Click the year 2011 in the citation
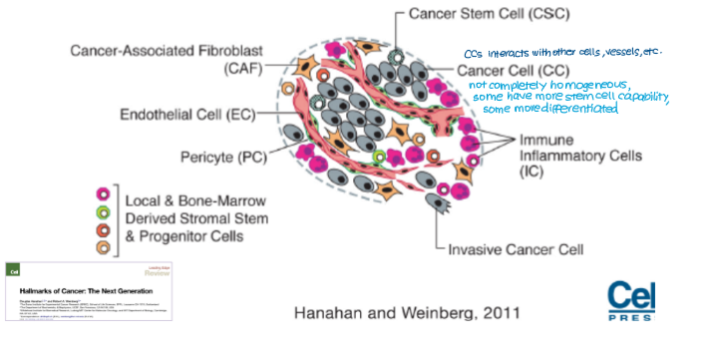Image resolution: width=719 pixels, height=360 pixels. pos(492,314)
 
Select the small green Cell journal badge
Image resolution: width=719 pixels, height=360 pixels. pos(15,270)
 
